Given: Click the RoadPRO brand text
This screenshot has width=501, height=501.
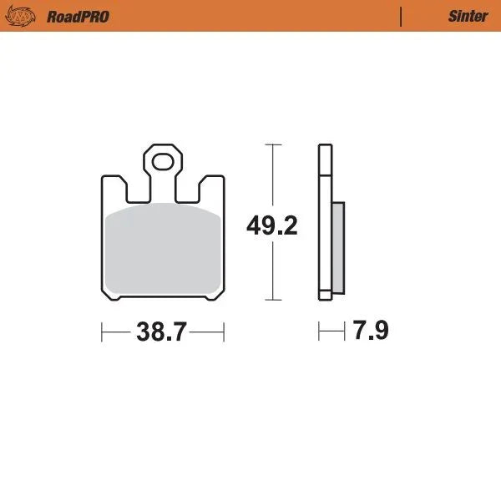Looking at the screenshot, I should [77, 16].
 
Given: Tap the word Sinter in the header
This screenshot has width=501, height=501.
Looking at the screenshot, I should [468, 16].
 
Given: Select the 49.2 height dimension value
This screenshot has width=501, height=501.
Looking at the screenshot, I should [271, 225].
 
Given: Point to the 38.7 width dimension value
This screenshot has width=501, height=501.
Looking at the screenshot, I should [161, 331].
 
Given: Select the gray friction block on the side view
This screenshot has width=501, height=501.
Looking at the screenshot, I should [337, 246].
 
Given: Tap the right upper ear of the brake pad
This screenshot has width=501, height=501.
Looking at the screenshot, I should [212, 187].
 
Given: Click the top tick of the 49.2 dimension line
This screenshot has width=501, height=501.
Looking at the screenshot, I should [272, 144].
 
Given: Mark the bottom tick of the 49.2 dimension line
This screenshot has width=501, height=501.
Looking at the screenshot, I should [272, 299].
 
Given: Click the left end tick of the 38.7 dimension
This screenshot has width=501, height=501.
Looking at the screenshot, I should [102, 332].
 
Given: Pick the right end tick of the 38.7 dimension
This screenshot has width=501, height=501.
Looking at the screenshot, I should [225, 332].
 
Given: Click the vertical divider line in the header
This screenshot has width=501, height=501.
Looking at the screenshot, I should [402, 16].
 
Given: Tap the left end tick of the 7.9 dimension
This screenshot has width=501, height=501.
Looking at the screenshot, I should [318, 332].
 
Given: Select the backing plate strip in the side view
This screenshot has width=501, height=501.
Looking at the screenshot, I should [325, 221].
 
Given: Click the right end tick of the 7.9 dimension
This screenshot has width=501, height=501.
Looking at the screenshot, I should [344, 332].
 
